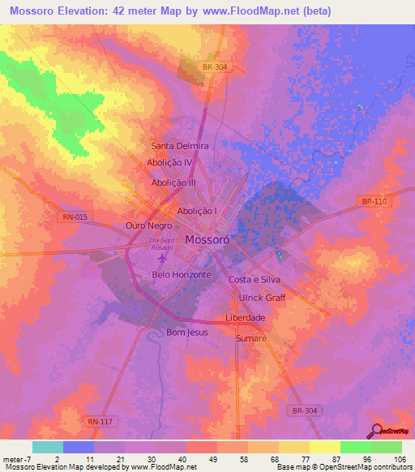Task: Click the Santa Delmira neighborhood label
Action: click(180, 146)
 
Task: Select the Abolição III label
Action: click(173, 183)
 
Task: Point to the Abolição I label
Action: click(197, 211)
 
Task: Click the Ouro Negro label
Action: click(148, 225)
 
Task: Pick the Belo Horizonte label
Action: click(182, 275)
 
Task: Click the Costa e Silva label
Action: click(254, 279)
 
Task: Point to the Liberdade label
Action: click(245, 317)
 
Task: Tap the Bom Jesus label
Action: click(186, 333)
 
